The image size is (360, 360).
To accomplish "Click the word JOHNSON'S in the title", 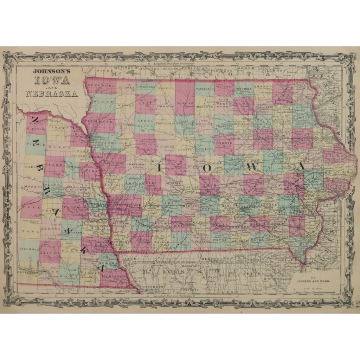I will (x=52, y=70).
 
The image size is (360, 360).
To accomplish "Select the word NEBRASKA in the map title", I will (x=52, y=94).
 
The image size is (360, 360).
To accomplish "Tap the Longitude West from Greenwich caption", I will (x=174, y=64).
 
